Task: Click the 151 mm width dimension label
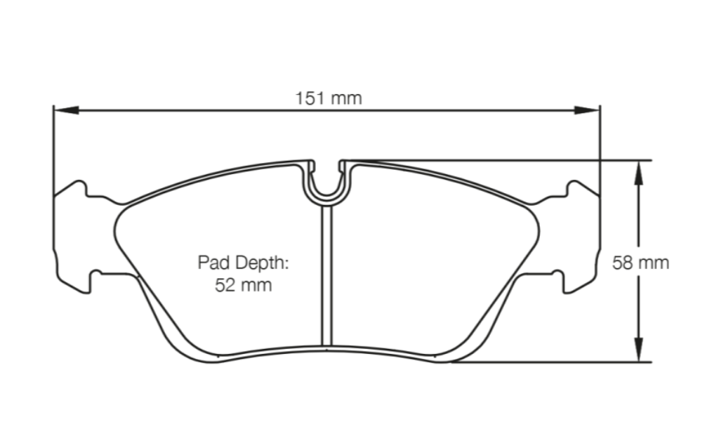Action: tap(328, 98)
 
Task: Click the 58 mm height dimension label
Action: tap(640, 263)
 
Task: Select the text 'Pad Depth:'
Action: tap(244, 263)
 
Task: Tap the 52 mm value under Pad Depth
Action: tap(244, 285)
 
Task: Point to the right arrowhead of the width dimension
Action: tap(588, 110)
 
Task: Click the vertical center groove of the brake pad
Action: tap(326, 281)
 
